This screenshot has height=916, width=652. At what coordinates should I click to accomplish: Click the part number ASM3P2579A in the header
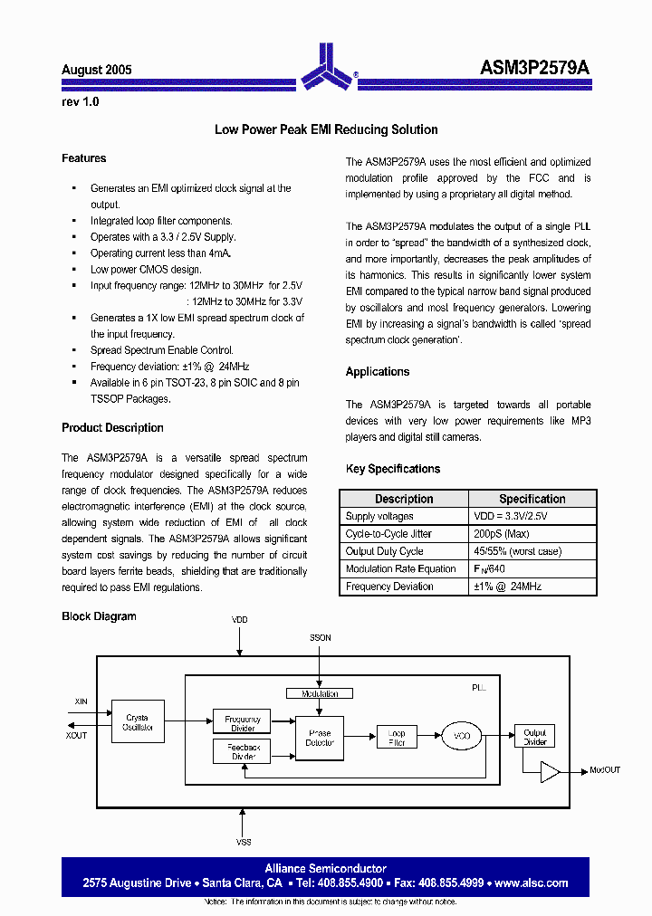(534, 68)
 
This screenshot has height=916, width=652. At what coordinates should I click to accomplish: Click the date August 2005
(97, 70)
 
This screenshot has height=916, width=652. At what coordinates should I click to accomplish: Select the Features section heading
(83, 158)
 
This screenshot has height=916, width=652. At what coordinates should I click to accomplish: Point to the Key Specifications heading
(393, 469)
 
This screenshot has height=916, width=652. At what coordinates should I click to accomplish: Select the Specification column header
(532, 499)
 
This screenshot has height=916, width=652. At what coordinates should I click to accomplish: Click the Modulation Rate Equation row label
(400, 569)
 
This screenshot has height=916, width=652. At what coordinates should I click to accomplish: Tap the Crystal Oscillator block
(139, 722)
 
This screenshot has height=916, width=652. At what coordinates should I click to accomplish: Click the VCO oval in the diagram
(462, 737)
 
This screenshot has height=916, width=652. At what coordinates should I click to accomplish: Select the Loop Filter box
(397, 737)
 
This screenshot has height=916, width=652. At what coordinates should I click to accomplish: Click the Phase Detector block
(320, 738)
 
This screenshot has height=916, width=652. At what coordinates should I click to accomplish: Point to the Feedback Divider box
(243, 751)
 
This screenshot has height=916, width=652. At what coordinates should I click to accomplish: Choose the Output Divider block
(534, 737)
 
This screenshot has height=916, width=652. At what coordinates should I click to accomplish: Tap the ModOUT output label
(604, 770)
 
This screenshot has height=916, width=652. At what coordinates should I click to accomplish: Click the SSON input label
(320, 637)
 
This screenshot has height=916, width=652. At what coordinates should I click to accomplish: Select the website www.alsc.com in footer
(532, 883)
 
